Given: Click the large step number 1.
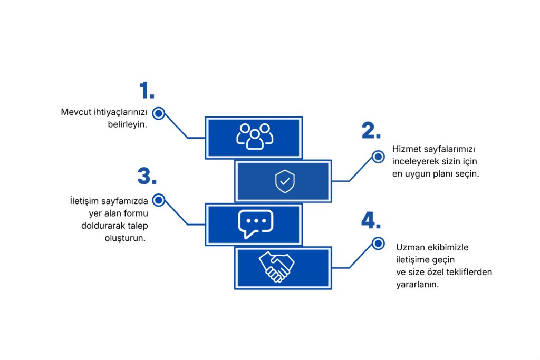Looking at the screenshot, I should [147, 91].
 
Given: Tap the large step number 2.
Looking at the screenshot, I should [371, 131].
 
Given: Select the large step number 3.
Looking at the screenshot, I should [147, 177].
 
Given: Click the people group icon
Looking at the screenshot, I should [255, 137].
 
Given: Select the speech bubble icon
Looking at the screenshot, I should [255, 225].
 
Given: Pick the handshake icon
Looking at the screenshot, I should [277, 267].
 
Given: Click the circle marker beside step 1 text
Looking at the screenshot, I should [159, 113].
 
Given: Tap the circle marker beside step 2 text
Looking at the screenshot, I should [378, 157].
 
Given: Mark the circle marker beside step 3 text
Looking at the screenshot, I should [159, 200].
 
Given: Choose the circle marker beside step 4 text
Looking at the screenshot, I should [378, 243].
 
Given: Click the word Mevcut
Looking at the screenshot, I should [74, 112].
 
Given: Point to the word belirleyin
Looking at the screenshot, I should [127, 125].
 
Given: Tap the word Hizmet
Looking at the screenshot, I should [407, 149].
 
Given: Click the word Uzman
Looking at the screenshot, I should [409, 247].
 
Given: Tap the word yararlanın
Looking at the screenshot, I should [418, 284].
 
